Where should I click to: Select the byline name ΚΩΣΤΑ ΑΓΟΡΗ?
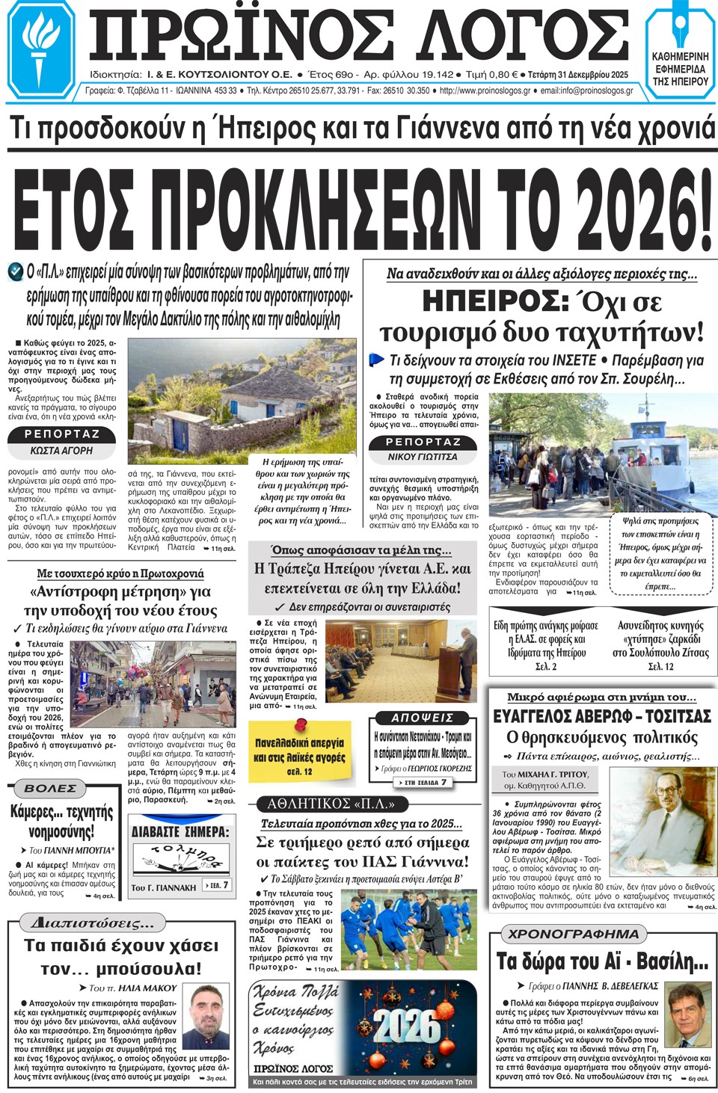[61, 451]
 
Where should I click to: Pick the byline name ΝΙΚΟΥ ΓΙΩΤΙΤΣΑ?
[423, 456]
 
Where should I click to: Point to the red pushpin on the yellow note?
[301, 724]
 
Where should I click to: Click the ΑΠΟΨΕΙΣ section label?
[423, 718]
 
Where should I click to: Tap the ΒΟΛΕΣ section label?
[50, 788]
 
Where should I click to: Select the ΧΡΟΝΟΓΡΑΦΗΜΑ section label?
[574, 934]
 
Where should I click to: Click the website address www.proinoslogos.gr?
[485, 90]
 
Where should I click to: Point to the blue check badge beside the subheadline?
[16, 272]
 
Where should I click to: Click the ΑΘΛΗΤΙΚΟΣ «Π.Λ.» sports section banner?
[331, 804]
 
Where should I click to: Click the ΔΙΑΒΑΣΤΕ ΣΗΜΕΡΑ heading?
[180, 831]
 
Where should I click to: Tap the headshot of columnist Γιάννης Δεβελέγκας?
[689, 1015]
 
